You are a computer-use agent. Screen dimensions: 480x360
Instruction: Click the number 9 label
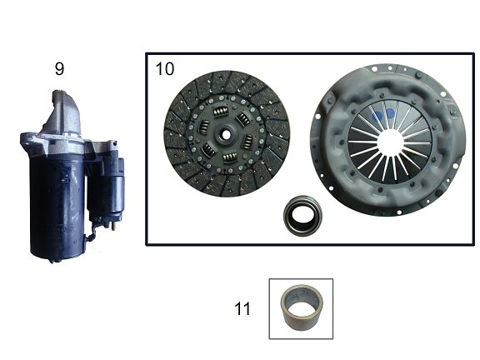point(59,68)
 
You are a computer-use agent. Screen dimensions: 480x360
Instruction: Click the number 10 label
point(165,69)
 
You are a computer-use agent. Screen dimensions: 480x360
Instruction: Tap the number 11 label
point(242,308)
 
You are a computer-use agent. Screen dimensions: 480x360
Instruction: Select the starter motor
point(72,177)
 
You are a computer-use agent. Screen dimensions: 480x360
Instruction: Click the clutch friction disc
point(227,134)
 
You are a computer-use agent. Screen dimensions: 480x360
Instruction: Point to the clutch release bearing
point(302,214)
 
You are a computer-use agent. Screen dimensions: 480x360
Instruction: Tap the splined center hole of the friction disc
point(226,134)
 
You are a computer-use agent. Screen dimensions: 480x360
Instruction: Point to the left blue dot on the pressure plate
point(377,116)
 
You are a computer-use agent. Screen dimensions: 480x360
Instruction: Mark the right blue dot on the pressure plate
point(390,114)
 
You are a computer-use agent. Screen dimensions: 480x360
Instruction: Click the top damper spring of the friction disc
point(222,112)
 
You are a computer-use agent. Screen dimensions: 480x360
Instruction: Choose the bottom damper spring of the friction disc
point(230,157)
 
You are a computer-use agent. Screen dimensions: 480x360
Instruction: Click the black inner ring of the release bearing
point(302,214)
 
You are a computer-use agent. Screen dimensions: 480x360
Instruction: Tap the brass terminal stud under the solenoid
point(114,226)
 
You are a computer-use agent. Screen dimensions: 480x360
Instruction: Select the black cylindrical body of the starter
point(57,205)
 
